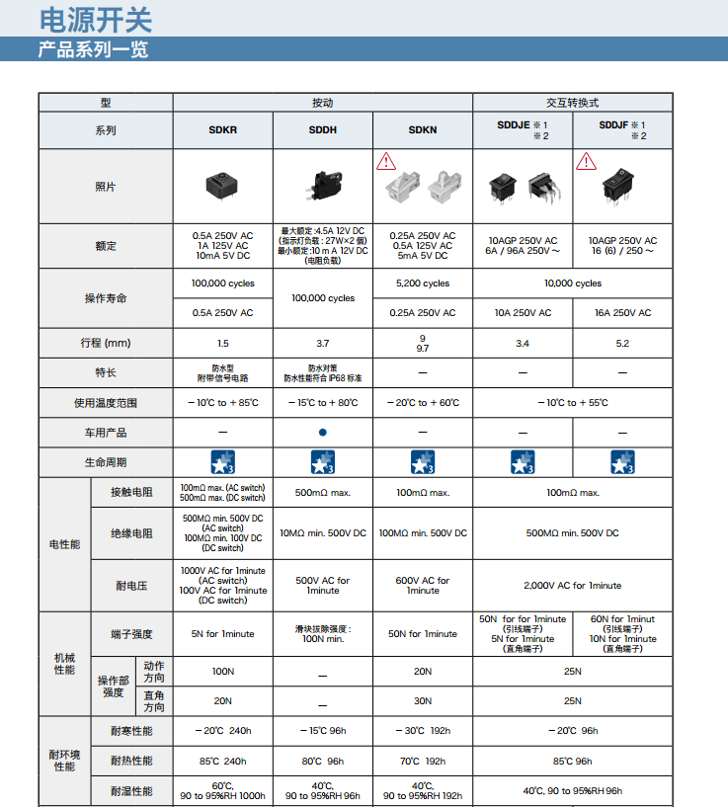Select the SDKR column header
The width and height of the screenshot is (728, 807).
tap(222, 130)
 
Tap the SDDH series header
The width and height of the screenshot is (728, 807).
tap(322, 130)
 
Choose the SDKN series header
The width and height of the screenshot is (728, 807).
tap(423, 130)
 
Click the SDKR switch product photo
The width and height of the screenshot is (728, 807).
tap(222, 185)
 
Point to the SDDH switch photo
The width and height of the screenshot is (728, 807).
tap(322, 185)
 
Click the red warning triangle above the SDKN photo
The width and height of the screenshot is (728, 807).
tap(385, 160)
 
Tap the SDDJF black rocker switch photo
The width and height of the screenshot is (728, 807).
tap(622, 188)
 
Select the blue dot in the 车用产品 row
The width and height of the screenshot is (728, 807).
tap(322, 433)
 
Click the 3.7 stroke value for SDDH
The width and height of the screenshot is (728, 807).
tap(322, 343)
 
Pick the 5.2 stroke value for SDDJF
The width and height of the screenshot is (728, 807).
tap(622, 343)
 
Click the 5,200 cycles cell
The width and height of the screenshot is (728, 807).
tap(423, 283)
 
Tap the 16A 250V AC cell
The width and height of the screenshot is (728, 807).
tap(622, 313)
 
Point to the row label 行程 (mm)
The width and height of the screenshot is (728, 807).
tap(106, 343)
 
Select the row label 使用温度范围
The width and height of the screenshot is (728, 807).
tap(106, 403)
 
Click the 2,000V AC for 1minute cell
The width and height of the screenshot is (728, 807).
tap(573, 586)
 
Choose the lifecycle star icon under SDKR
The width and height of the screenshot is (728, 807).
tap(222, 462)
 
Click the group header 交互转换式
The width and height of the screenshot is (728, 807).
tap(573, 103)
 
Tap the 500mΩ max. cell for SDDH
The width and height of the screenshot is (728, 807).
tap(322, 493)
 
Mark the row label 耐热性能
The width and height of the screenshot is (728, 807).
tap(131, 761)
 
